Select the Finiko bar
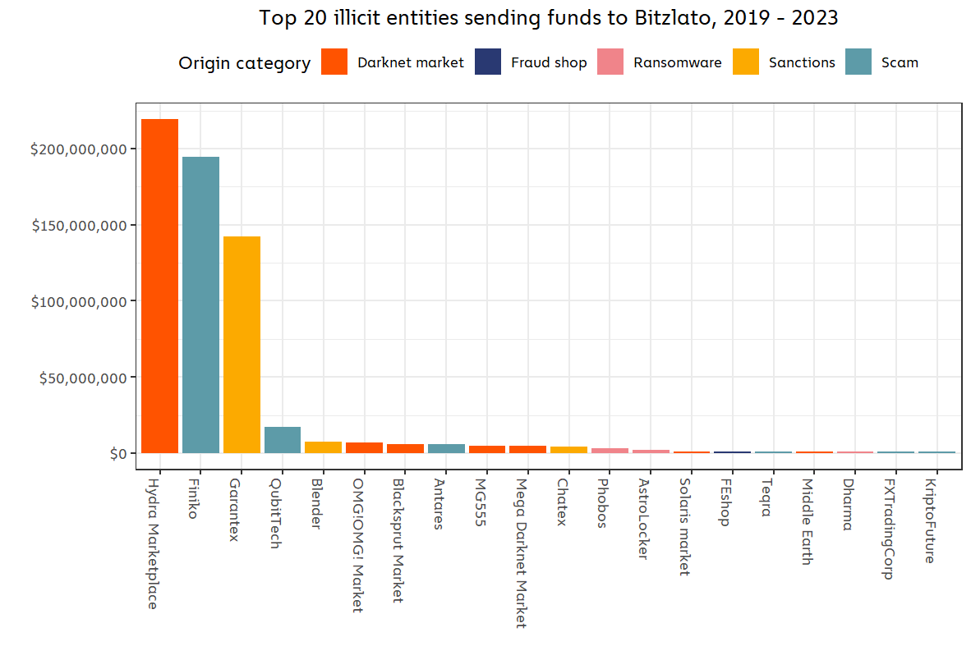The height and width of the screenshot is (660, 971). [x=200, y=305]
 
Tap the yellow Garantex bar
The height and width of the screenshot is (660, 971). [x=242, y=345]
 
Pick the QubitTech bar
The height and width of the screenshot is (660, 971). [x=283, y=440]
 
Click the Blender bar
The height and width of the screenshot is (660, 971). [x=323, y=447]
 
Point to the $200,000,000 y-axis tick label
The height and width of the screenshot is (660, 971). [x=78, y=149]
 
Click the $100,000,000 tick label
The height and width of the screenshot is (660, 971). [x=78, y=301]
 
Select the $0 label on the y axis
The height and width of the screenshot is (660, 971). [x=118, y=454]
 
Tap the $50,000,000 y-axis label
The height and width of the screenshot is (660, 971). [x=81, y=378]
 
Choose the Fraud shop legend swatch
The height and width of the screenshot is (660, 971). [x=488, y=62]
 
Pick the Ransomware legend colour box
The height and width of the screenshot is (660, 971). [x=611, y=62]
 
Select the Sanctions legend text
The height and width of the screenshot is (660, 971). [x=802, y=62]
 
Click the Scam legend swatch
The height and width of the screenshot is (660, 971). [x=858, y=62]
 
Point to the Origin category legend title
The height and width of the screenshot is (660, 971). [x=245, y=63]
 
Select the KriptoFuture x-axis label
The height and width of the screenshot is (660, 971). [x=930, y=522]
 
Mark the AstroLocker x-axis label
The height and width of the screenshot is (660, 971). [x=643, y=520]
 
